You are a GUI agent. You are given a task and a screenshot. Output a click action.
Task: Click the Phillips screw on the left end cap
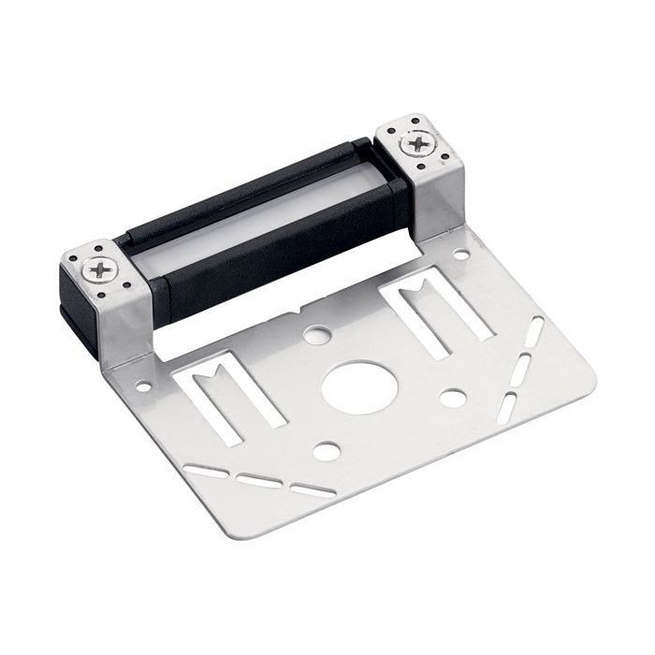(96, 270)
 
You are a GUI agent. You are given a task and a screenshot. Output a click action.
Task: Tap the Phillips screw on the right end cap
(411, 144)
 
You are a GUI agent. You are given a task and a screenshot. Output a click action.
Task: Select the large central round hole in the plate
(356, 383)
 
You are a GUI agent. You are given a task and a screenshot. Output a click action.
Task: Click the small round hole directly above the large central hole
(316, 334)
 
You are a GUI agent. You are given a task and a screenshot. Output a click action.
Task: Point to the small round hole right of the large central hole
(453, 398)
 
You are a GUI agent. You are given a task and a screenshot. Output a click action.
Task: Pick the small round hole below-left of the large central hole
(326, 451)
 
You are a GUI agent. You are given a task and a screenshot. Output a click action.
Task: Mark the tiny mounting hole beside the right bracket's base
(461, 254)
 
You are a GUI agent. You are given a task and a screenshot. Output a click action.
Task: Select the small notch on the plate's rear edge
(298, 312)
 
